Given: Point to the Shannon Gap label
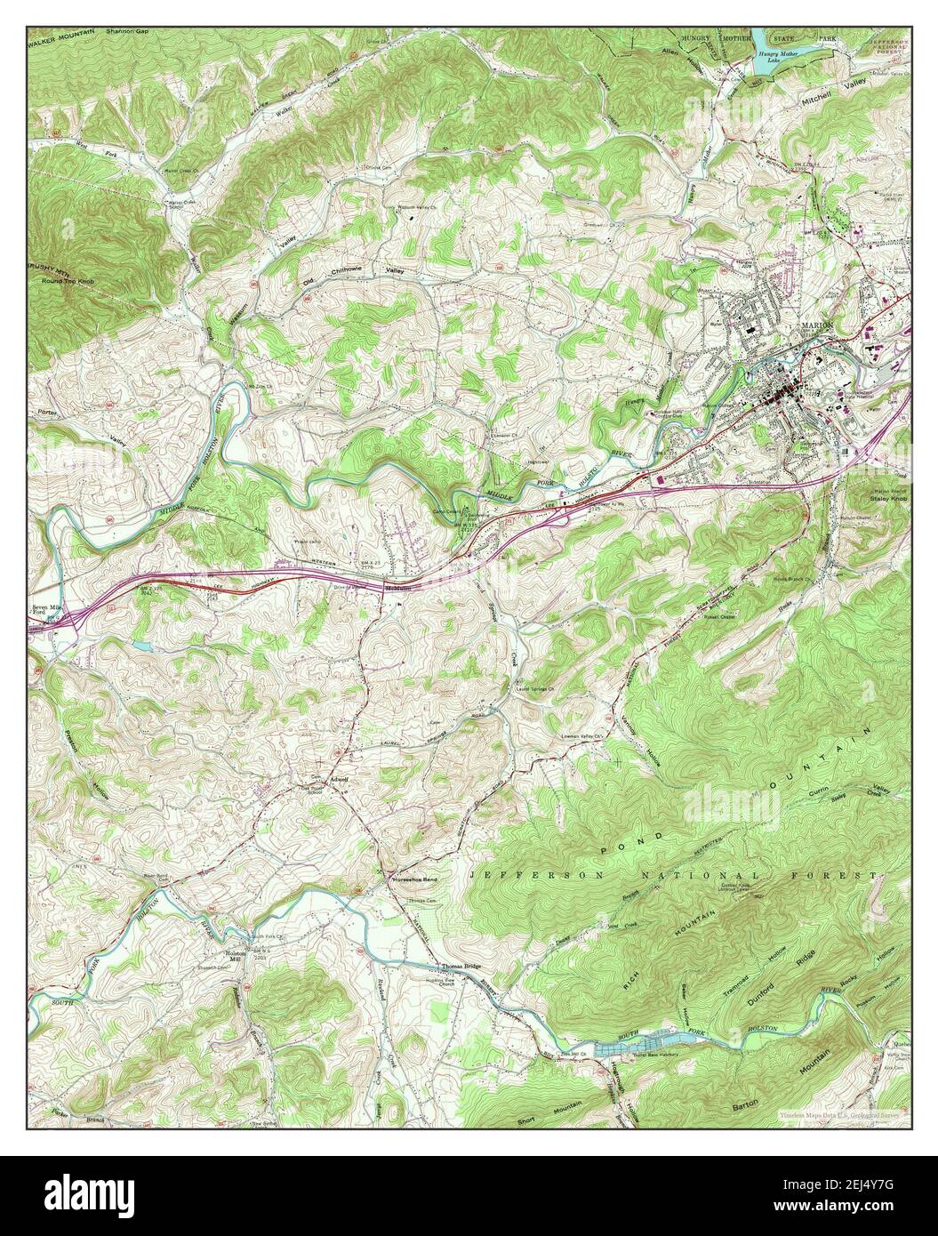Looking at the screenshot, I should tap(129, 31).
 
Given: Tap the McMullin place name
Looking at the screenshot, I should tap(397, 588).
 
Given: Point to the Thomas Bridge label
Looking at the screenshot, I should tap(461, 967).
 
